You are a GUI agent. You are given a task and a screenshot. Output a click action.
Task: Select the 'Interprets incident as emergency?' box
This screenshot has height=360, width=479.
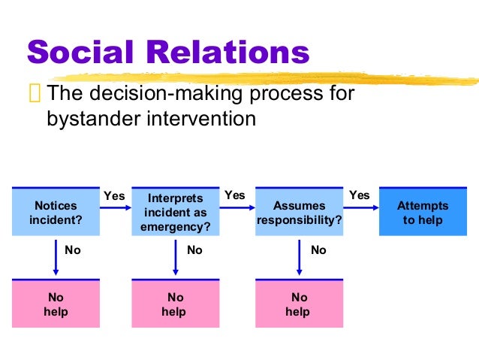(x=175, y=213)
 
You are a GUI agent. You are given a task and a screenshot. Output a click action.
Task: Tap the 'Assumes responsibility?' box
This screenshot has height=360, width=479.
(x=299, y=213)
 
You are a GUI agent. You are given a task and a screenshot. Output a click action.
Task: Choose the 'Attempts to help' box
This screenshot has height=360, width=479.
(x=423, y=213)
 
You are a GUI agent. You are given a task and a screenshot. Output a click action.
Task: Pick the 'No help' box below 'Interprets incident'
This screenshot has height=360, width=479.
(x=175, y=304)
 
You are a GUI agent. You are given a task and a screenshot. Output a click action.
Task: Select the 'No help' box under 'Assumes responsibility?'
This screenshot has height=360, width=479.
(x=299, y=304)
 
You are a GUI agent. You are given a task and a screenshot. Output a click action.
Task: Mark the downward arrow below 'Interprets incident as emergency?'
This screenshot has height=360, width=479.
(x=176, y=256)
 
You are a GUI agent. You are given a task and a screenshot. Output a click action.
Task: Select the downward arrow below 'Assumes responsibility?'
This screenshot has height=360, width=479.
(x=300, y=256)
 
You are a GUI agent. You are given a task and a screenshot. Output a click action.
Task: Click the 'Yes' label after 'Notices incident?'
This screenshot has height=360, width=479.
(x=113, y=195)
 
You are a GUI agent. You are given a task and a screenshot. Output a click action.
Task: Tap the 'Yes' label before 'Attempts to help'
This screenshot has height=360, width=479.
(x=360, y=195)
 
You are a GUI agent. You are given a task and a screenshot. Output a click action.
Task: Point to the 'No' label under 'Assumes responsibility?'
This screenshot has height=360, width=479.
(x=318, y=250)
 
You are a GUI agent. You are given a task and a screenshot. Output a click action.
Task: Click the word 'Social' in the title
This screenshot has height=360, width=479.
(x=83, y=53)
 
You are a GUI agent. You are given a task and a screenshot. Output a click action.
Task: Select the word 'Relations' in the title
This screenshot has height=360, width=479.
(x=228, y=53)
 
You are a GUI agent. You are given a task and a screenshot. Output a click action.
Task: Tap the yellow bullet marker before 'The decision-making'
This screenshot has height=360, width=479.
(x=35, y=95)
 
